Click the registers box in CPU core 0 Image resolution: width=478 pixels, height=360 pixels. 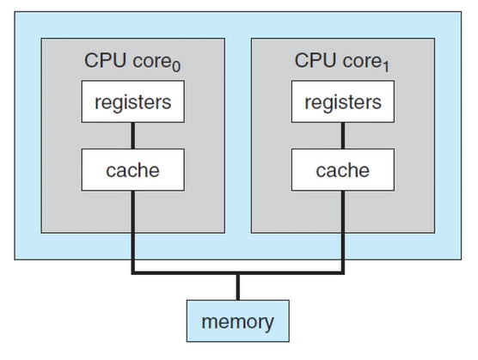pyautogui.click(x=133, y=102)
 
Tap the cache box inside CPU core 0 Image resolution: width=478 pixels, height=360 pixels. pyautogui.click(x=133, y=170)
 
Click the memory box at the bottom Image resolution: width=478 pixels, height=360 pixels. pyautogui.click(x=238, y=322)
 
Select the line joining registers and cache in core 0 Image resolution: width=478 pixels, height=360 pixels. pyautogui.click(x=133, y=136)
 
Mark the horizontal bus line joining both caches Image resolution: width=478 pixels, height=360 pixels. pyautogui.click(x=238, y=274)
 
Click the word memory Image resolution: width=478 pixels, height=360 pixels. pyautogui.click(x=238, y=323)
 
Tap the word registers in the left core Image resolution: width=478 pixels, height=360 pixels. pyautogui.click(x=133, y=102)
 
